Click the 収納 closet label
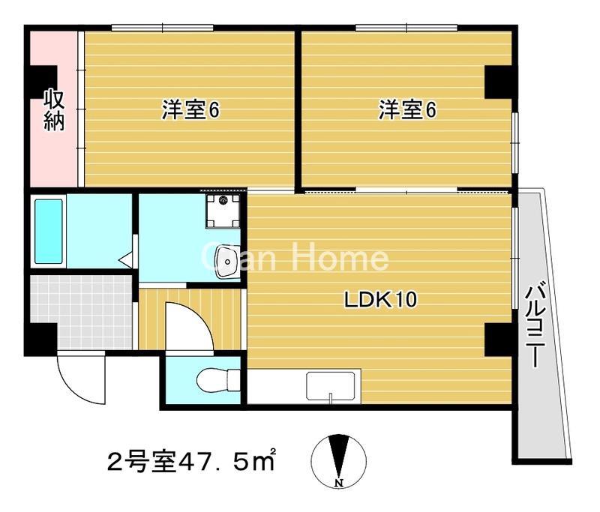52,109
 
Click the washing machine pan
225,209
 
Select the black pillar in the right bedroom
497,81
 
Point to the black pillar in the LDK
497,339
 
